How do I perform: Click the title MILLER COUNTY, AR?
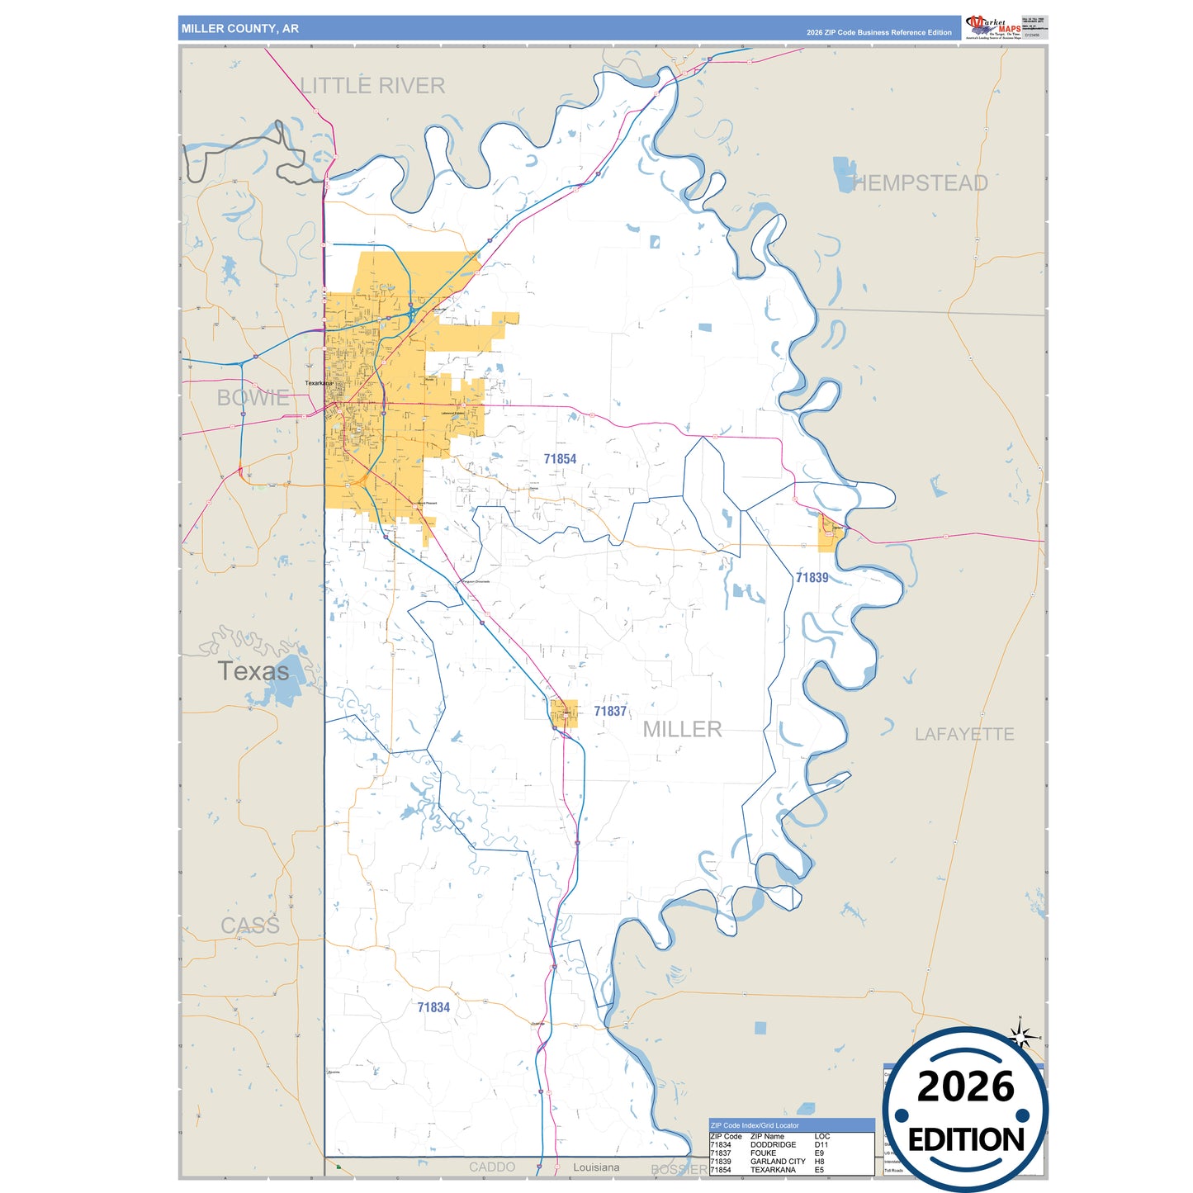pyautogui.click(x=240, y=29)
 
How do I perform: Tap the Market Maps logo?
pyautogui.click(x=993, y=27)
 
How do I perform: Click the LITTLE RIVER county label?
pyautogui.click(x=372, y=86)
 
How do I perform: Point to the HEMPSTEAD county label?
pyautogui.click(x=920, y=183)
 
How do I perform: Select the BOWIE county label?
pyautogui.click(x=253, y=398)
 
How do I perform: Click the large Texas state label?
pyautogui.click(x=253, y=671)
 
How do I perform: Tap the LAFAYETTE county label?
pyautogui.click(x=963, y=734)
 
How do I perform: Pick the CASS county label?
pyautogui.click(x=250, y=926)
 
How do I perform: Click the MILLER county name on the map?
pyautogui.click(x=682, y=729)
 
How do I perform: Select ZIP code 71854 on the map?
pyautogui.click(x=560, y=459)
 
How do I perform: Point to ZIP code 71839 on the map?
pyautogui.click(x=812, y=578)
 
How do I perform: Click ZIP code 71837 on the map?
pyautogui.click(x=610, y=711)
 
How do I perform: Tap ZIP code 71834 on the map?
pyautogui.click(x=433, y=1007)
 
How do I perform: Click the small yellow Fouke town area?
pyautogui.click(x=565, y=713)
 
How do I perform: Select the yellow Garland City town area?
pyautogui.click(x=830, y=533)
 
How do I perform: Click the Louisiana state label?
pyautogui.click(x=596, y=1167)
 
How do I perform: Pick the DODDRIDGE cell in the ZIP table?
pyautogui.click(x=773, y=1145)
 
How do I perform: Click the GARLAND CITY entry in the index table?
pyautogui.click(x=778, y=1162)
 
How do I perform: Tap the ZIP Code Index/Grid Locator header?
pyautogui.click(x=755, y=1125)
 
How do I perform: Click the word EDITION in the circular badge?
pyautogui.click(x=966, y=1140)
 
